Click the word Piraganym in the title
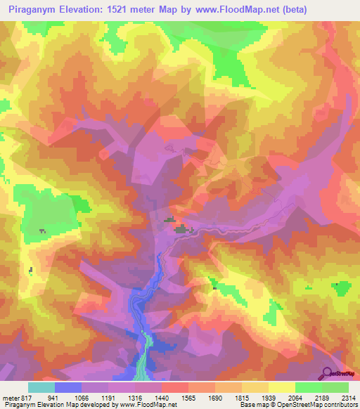pos(32,8)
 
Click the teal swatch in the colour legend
pos(41,387)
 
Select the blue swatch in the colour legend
pos(68,387)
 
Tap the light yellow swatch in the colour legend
pos(282,387)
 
